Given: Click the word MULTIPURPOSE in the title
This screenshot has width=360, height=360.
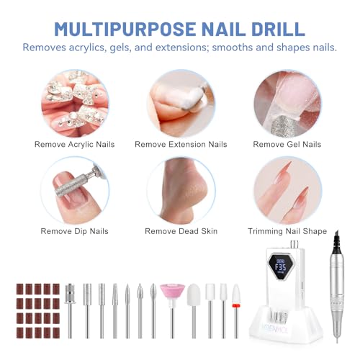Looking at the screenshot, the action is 125,30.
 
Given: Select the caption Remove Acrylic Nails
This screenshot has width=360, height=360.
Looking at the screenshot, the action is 74,144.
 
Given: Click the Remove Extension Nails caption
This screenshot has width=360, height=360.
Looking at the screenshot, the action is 181,144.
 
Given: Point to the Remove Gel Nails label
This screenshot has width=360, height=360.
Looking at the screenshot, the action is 287,144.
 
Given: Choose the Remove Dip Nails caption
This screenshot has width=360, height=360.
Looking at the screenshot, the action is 74,231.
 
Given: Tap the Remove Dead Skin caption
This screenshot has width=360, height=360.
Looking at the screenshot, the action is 181,231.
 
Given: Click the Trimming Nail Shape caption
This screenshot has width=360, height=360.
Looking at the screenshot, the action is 287,231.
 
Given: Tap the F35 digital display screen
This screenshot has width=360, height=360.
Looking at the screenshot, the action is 280,267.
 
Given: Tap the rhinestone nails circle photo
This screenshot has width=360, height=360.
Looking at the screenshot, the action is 75,104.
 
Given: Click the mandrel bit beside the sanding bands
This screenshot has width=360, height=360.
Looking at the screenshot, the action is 70,311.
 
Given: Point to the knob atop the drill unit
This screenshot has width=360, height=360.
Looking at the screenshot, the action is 294,244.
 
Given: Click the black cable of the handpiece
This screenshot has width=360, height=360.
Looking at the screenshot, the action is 336,242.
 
